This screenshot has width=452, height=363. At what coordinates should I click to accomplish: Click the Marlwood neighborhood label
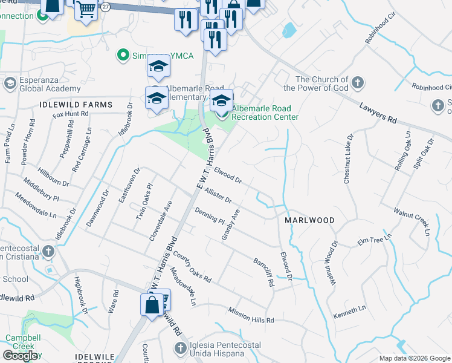[x=309, y=221]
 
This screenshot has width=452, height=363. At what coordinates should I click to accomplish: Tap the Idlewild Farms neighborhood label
[x=76, y=105]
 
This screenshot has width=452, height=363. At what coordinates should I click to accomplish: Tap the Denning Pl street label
[x=209, y=215]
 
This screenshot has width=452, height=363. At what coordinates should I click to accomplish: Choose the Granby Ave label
[x=231, y=224]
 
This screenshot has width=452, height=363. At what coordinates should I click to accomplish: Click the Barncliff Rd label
[x=263, y=272]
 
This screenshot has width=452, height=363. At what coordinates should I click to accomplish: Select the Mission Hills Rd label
[x=251, y=315]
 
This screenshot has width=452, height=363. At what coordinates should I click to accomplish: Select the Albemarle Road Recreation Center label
[x=265, y=113]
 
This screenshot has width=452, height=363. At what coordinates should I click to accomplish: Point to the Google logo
[x=20, y=356]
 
